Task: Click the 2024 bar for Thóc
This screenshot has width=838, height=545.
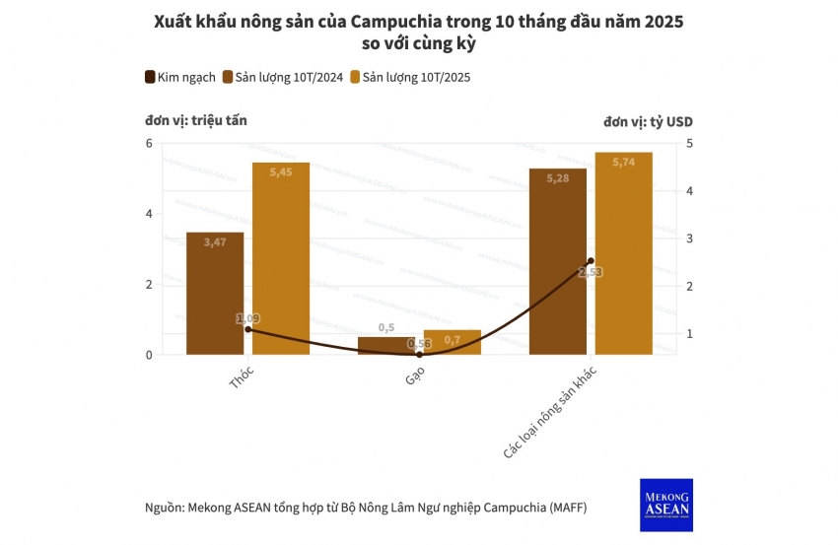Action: [215, 293]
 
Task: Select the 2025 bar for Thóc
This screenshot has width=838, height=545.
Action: [281, 258]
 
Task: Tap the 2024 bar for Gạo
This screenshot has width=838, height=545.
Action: [385, 345]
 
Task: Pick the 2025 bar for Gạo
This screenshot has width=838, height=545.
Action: [452, 342]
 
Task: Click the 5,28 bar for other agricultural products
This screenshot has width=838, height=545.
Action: [557, 261]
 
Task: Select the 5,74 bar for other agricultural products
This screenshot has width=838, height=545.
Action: [623, 253]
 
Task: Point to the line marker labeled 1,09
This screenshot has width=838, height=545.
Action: [247, 329]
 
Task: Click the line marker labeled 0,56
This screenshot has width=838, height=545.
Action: [419, 354]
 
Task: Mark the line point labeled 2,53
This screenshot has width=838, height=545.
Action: [591, 261]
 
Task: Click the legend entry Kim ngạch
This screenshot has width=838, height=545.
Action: [181, 77]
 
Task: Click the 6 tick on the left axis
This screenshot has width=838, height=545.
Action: [149, 144]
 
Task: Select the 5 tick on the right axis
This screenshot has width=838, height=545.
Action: [690, 144]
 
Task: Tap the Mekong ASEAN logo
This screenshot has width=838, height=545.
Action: [665, 505]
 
